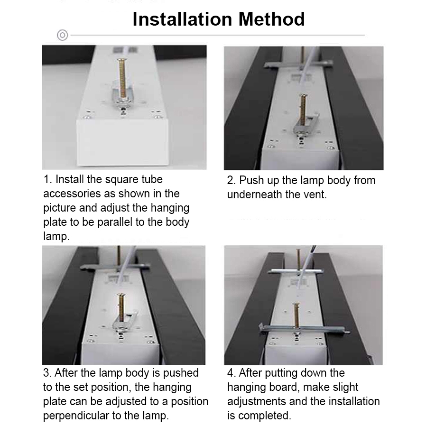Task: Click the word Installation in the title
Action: point(182,19)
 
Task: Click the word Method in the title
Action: point(271,19)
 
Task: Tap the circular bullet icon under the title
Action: point(63,35)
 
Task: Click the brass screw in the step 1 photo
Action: point(122,78)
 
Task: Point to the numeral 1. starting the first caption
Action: point(47,180)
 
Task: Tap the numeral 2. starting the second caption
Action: point(232,180)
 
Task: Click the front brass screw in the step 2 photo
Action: point(303,110)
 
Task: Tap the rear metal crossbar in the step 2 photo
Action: point(298,65)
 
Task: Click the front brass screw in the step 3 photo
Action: point(121,307)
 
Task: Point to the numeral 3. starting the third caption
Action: point(47,373)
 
